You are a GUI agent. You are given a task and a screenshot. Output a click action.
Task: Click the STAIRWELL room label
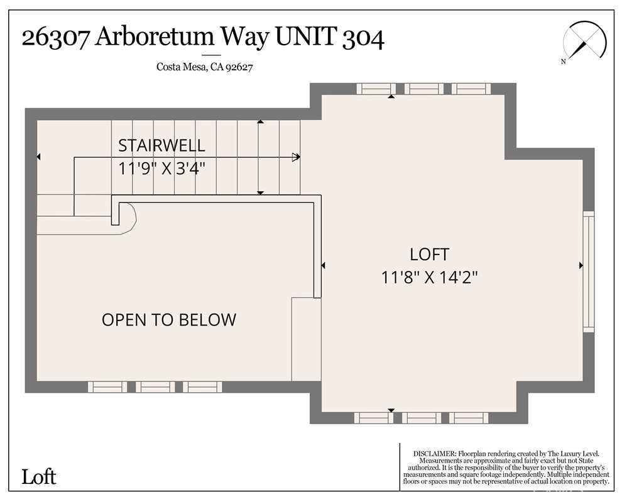(x=162, y=146)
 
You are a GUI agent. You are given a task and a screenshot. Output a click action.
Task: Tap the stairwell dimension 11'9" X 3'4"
(x=162, y=168)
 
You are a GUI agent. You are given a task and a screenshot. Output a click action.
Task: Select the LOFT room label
(x=430, y=255)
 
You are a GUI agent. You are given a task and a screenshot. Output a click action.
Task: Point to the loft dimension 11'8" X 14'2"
(x=430, y=277)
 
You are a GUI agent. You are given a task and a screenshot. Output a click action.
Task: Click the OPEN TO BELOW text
(x=169, y=320)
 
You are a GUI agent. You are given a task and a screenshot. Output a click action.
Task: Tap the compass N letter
(x=564, y=62)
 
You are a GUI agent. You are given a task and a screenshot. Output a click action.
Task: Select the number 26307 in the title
(x=55, y=38)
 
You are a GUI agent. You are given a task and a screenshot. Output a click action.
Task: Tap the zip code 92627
(x=239, y=67)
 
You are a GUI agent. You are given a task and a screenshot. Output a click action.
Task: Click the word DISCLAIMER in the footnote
(x=434, y=453)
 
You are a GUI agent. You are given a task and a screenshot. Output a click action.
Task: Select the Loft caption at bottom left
(x=39, y=477)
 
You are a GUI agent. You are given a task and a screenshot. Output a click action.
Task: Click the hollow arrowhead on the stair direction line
(x=296, y=157)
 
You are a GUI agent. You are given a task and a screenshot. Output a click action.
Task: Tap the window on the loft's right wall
(x=589, y=271)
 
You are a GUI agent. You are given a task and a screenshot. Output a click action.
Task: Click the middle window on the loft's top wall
(x=423, y=89)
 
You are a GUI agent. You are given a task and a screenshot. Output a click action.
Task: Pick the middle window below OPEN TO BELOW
(x=155, y=387)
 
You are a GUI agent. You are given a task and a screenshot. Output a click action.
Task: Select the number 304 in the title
(x=363, y=38)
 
